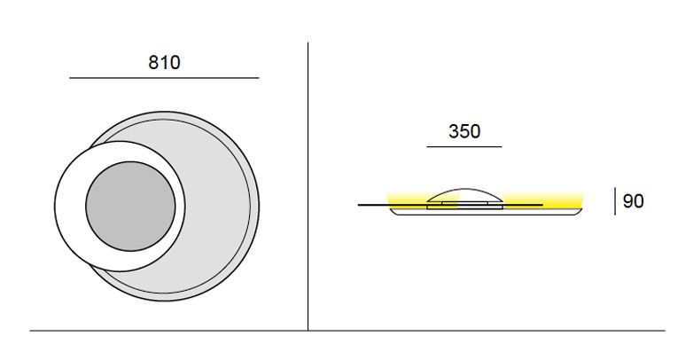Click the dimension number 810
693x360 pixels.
pyautogui.click(x=164, y=63)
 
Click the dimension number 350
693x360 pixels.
pyautogui.click(x=464, y=131)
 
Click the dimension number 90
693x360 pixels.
pyautogui.click(x=633, y=201)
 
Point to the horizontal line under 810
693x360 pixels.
pyautogui.click(x=164, y=78)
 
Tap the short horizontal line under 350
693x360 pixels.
pyautogui.click(x=464, y=146)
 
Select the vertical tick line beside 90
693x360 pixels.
pyautogui.click(x=615, y=201)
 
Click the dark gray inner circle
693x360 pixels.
pyautogui.click(x=130, y=206)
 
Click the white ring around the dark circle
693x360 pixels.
pyautogui.click(x=71, y=206)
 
